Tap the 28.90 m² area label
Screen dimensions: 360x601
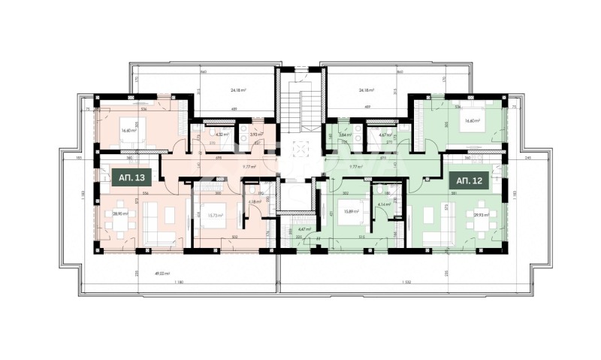click(119, 213)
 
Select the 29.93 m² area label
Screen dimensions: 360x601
click(482, 214)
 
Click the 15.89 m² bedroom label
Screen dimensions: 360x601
click(350, 212)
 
